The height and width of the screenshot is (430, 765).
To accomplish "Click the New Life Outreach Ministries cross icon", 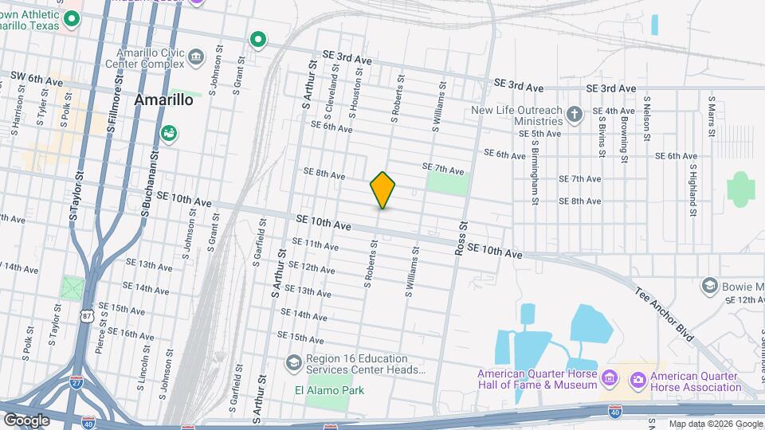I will point(575,115).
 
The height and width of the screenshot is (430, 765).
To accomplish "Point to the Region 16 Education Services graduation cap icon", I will point(293,364).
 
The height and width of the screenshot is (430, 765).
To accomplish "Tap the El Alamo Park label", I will point(329,390).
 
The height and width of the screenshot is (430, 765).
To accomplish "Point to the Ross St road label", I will point(461,237).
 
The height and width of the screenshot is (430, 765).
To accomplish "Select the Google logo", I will point(26,420).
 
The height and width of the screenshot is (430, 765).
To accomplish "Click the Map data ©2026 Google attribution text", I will point(715,424).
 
